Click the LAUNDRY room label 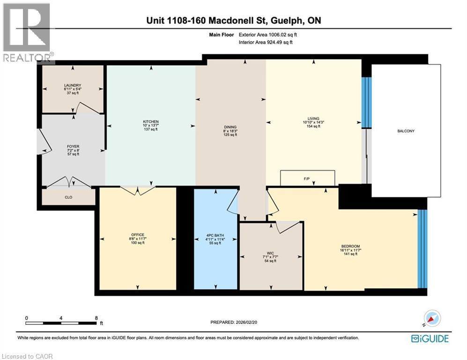[73, 85]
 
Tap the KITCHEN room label [151, 121]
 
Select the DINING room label [230, 127]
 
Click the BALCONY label [406, 131]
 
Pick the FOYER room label [73, 146]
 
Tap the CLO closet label [69, 197]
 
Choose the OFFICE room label [138, 234]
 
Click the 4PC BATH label [215, 235]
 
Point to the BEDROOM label [354, 246]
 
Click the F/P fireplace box [307, 178]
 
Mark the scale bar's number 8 [96, 317]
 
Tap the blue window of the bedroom [422, 248]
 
